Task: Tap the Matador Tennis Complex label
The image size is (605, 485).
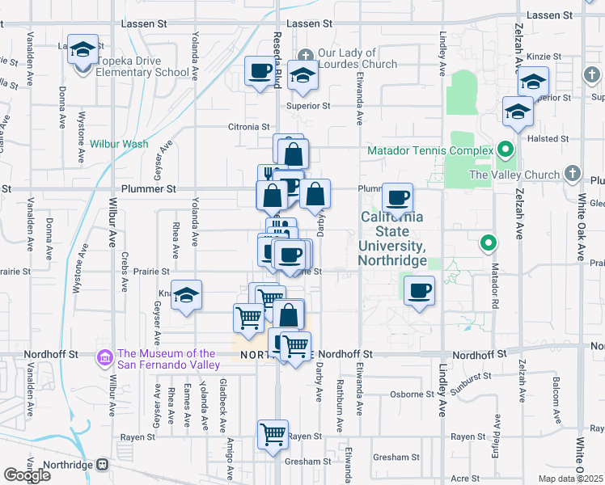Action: tap(429, 150)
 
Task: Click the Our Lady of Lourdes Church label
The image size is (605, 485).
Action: tap(357, 59)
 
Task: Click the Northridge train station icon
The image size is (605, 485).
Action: tap(103, 465)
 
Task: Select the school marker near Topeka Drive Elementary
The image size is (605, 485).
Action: tap(82, 50)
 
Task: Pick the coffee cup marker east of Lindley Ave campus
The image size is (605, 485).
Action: tap(418, 289)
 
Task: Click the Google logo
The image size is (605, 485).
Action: tap(27, 474)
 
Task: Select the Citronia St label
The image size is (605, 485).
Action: tap(248, 127)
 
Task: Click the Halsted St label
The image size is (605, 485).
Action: tap(548, 139)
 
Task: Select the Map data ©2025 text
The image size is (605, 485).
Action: tap(570, 479)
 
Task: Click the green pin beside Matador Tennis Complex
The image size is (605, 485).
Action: tap(506, 150)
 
